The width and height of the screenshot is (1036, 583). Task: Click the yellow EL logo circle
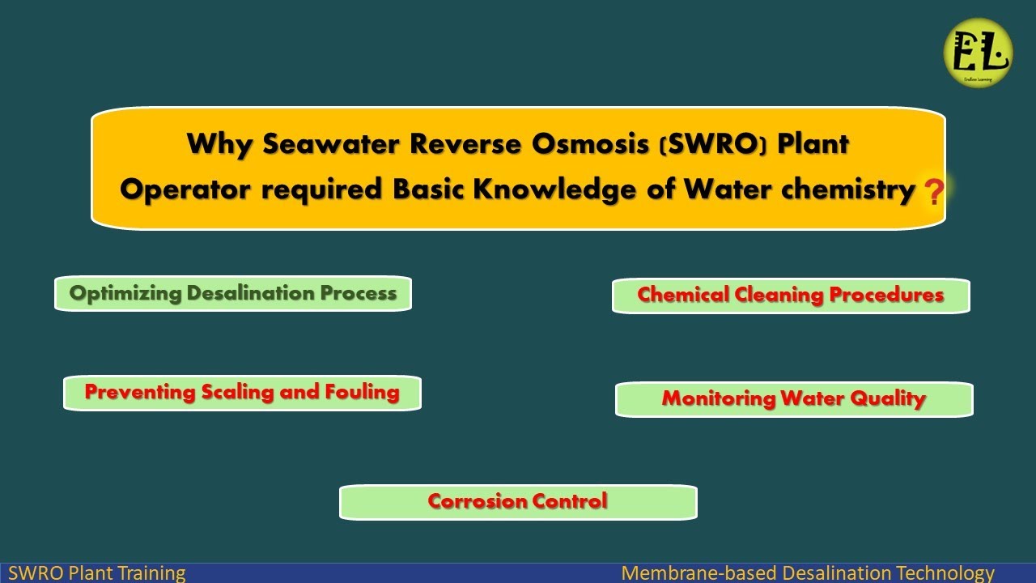(978, 53)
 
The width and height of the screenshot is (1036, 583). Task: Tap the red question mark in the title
(933, 193)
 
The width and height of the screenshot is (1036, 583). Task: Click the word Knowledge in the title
(571, 189)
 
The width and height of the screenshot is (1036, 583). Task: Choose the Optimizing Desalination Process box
(233, 293)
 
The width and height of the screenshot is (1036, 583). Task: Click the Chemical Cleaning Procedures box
(790, 296)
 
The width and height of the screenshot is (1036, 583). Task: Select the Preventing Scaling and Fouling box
(242, 393)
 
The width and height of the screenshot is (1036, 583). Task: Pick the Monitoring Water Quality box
(793, 399)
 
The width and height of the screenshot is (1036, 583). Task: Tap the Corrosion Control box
(517, 502)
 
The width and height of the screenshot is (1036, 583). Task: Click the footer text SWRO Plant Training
(96, 573)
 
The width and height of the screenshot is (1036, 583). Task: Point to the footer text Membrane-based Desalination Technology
(807, 573)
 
